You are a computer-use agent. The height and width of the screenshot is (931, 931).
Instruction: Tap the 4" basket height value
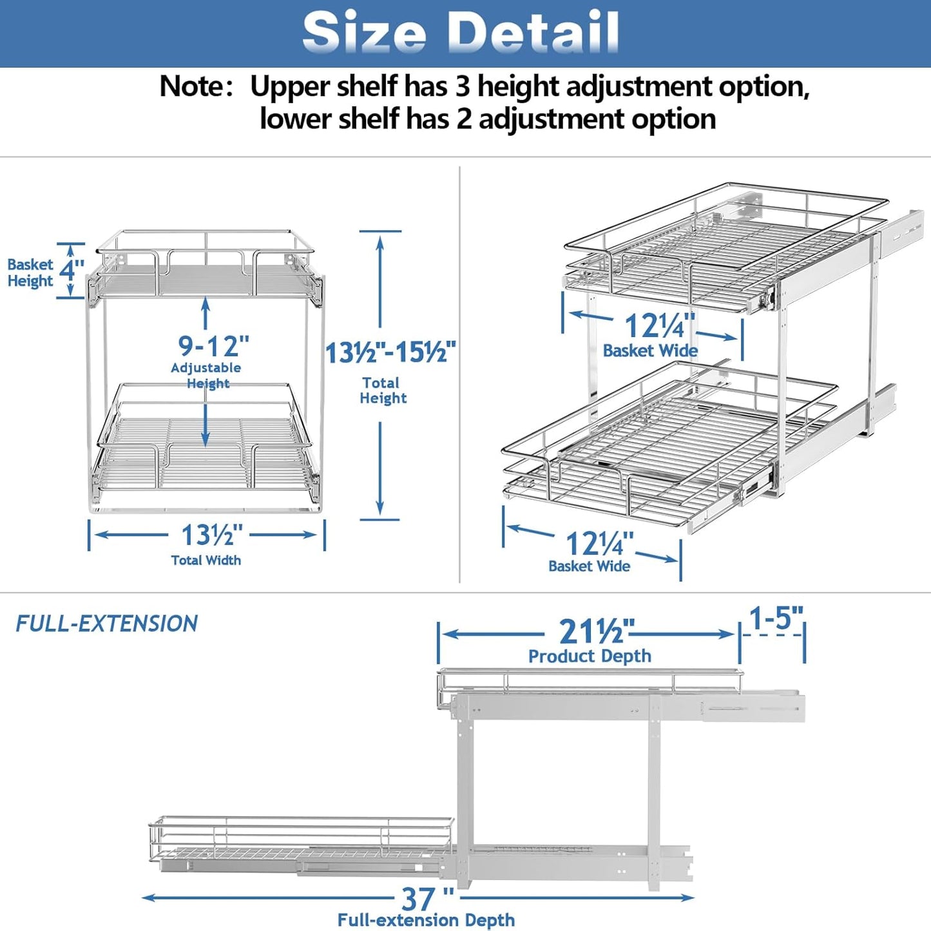pyautogui.click(x=71, y=269)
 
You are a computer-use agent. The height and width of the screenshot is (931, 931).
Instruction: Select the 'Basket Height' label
pyautogui.click(x=30, y=273)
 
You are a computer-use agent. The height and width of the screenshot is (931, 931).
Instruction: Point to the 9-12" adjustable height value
pyautogui.click(x=213, y=346)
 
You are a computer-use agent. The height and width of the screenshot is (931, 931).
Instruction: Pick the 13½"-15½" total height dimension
pyautogui.click(x=390, y=353)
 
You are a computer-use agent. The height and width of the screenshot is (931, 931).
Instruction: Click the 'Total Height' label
pyautogui.click(x=383, y=390)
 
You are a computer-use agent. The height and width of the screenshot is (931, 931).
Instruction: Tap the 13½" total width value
pyautogui.click(x=212, y=535)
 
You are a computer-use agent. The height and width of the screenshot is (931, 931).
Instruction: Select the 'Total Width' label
pyautogui.click(x=206, y=561)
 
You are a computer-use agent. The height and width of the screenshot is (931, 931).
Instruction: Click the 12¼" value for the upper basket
pyautogui.click(x=659, y=325)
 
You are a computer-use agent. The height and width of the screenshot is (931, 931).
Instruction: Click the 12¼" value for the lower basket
pyautogui.click(x=599, y=543)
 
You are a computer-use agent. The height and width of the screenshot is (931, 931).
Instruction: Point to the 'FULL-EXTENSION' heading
pyautogui.click(x=106, y=624)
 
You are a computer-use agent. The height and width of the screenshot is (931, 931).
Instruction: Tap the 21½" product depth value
pyautogui.click(x=596, y=631)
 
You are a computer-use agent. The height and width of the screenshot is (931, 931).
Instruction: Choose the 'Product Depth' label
pyautogui.click(x=590, y=656)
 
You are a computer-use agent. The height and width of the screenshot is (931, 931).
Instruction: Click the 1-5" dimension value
pyautogui.click(x=776, y=619)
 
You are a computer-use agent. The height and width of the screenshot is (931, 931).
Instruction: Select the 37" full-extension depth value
pyautogui.click(x=427, y=897)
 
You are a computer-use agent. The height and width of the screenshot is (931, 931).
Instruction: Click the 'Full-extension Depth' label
pyautogui.click(x=426, y=920)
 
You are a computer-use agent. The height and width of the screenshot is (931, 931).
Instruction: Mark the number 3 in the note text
pyautogui.click(x=462, y=86)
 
